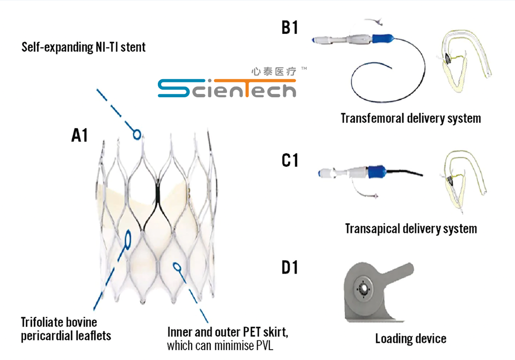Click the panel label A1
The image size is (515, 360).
[80, 136]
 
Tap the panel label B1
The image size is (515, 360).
[289, 28]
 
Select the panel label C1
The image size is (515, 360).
[289, 161]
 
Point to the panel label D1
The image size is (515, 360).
[289, 267]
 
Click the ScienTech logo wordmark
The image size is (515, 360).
[227, 88]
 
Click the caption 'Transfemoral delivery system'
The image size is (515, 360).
[411, 118]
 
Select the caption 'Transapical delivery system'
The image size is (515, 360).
[411, 229]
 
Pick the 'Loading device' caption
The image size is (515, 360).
[411, 339]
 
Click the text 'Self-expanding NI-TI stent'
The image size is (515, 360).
[83, 47]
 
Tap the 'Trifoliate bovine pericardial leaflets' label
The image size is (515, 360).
[66, 329]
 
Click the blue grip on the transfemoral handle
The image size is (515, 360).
[381, 38]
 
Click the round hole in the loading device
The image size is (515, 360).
[364, 288]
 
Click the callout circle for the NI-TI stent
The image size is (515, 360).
[137, 134]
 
